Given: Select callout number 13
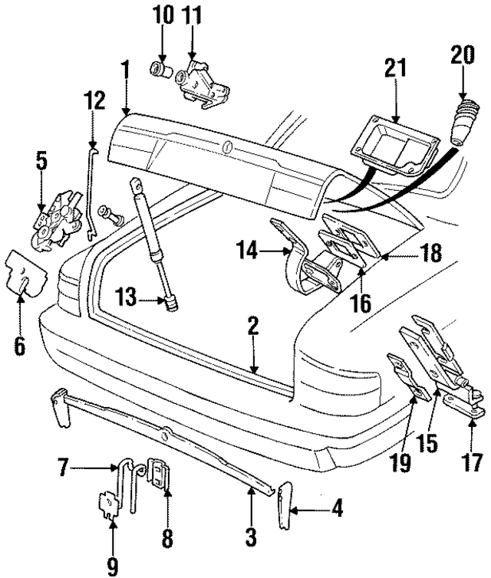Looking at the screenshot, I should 127,295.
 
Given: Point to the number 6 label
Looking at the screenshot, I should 20,345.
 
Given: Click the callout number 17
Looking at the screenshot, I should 473,463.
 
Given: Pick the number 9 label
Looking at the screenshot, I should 112,565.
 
